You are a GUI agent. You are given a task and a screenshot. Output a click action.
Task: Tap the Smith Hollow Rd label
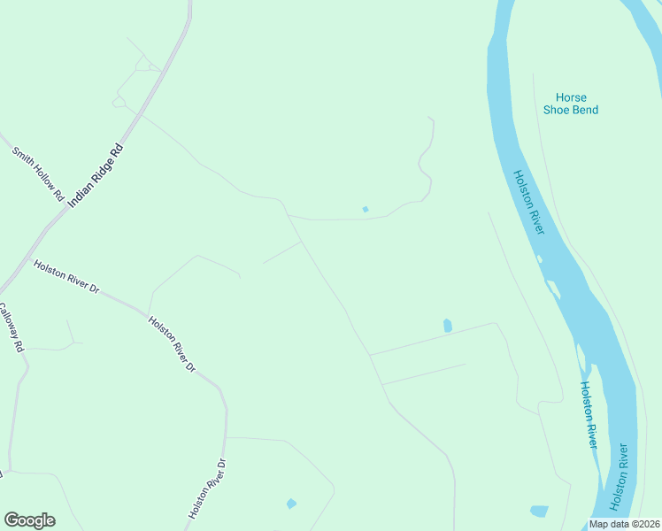coord(38,172)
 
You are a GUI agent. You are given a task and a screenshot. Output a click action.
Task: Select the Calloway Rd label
coord(11,328)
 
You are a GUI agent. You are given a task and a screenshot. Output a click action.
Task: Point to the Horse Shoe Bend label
coord(571,104)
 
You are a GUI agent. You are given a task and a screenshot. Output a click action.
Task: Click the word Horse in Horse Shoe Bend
coord(571,97)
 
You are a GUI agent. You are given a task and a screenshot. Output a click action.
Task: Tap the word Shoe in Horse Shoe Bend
coord(559,110)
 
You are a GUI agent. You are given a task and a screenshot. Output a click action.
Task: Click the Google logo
coord(29,520)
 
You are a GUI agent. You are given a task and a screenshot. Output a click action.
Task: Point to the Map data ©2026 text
coord(625,524)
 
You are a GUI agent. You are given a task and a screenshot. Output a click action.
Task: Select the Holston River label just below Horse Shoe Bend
coord(528,202)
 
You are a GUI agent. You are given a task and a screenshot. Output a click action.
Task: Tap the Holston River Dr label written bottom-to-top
coord(209,489)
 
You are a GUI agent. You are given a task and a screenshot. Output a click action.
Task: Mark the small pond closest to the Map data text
coord(539,511)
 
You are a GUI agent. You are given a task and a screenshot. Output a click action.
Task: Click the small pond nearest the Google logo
coord(291,504)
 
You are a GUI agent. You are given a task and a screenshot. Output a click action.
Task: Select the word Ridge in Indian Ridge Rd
coord(98,173)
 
